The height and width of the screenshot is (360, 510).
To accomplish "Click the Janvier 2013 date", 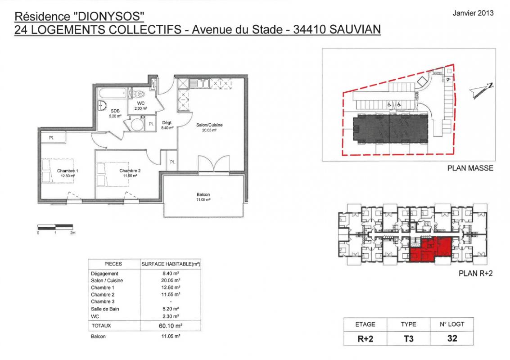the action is point(473,13).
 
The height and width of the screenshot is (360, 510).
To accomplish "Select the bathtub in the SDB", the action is point(113,93).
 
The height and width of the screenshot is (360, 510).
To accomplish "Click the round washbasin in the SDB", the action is point(102,105).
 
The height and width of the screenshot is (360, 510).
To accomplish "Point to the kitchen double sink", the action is point(200,83).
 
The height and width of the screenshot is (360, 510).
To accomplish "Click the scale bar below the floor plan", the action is point(55,227).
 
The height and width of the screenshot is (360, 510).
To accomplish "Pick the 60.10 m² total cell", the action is point(171,325).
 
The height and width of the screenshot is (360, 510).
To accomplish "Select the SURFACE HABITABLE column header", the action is point(171,264).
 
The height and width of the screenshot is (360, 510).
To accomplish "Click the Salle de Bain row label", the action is point(105,309).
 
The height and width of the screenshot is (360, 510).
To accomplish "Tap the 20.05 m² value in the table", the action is point(171,280).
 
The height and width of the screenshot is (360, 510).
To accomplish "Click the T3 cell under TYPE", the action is point(408,338).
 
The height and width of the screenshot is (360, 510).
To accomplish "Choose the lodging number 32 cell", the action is point(452,338).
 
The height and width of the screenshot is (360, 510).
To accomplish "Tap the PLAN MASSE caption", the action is point(470,168).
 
